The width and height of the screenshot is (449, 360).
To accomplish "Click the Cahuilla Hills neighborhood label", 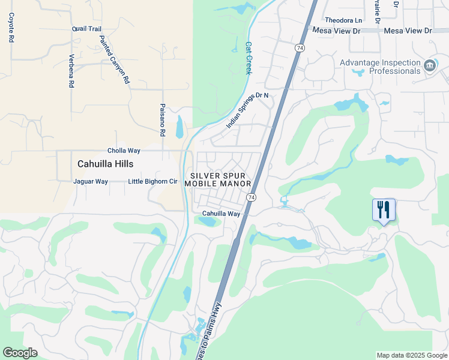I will [105, 164].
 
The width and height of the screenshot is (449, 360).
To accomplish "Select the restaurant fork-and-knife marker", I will [384, 210].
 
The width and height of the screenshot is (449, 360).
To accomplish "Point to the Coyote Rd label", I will [11, 28].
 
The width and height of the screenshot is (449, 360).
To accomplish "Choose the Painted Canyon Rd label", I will [114, 59].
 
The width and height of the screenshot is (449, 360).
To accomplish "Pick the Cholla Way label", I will [124, 151].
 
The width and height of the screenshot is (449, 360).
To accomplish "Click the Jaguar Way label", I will [90, 181].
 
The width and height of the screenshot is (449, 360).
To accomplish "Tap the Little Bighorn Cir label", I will [153, 181].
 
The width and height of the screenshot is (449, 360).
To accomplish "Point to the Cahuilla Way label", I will [221, 214].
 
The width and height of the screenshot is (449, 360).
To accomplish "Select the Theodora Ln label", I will [343, 19].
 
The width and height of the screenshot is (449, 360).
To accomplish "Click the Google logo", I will [20, 353].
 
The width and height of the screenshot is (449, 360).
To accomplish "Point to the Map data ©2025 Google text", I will [411, 355].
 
